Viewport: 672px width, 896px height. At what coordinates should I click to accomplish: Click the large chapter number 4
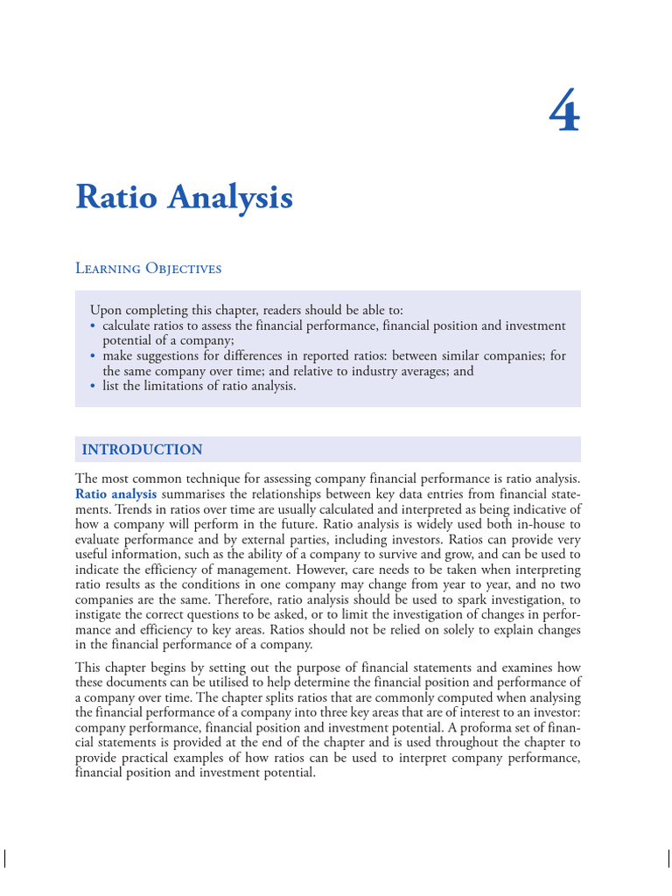tap(564, 113)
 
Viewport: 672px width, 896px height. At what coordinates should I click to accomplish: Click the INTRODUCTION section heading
tap(142, 450)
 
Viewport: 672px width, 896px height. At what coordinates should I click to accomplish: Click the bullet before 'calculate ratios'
tap(93, 325)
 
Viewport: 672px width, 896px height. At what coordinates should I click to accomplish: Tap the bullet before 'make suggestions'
tap(93, 356)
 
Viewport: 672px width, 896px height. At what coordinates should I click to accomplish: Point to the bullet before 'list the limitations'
tap(93, 386)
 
